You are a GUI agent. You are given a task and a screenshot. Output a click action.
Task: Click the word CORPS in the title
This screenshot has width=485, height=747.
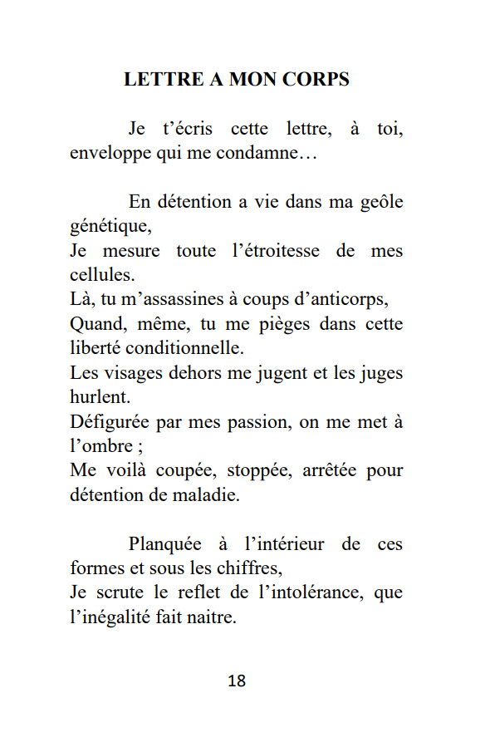coord(315,80)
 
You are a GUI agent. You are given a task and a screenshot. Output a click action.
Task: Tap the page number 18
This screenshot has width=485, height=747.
coord(237,681)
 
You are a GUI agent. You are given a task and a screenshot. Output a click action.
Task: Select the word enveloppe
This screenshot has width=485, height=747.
coord(109,154)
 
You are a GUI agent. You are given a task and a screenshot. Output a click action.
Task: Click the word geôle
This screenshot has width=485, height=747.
coord(382,202)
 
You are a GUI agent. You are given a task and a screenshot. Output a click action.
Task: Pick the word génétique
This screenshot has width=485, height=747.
coord(110,226)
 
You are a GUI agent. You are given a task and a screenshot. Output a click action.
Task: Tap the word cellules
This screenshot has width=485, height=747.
coord(102,274)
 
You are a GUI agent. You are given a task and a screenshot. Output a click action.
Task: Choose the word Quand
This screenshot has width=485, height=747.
coord(96,323)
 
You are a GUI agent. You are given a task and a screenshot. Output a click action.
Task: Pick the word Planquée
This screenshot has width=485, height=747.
coord(165,544)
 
